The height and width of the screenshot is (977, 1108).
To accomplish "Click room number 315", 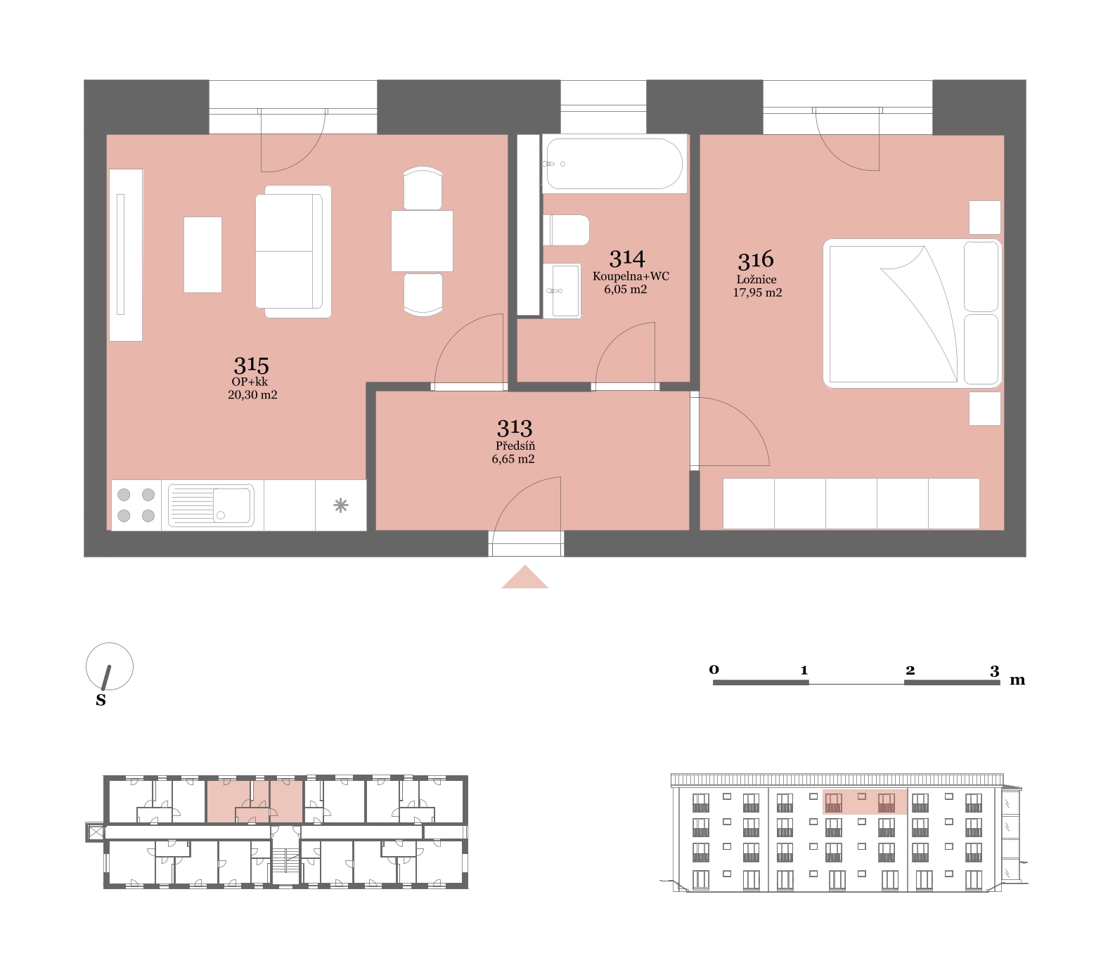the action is click(251, 365).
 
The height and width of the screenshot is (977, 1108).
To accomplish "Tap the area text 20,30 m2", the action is click(252, 395).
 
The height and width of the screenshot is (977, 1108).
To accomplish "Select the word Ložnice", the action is click(756, 279).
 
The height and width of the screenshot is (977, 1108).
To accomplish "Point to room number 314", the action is click(627, 258).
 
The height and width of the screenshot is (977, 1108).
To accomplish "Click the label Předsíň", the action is click(515, 446).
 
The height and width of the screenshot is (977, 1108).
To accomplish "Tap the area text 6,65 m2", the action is click(513, 459).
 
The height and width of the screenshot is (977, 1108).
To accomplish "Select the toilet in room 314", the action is click(566, 230).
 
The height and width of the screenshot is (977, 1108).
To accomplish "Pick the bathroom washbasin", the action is click(562, 290).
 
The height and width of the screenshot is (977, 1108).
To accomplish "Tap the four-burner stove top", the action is click(136, 505).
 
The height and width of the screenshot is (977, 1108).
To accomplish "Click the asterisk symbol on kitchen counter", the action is click(341, 505).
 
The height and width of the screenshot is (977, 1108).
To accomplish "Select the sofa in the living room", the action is click(293, 251).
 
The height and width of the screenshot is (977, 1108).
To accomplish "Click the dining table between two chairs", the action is click(422, 241).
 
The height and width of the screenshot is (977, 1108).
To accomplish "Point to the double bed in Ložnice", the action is click(912, 313).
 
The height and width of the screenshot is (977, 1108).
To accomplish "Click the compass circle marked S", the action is click(109, 666).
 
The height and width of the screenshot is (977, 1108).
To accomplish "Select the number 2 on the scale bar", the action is click(910, 670).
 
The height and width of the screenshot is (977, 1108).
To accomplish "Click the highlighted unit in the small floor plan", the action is click(255, 801).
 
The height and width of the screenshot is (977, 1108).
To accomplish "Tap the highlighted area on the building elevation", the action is click(865, 801).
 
